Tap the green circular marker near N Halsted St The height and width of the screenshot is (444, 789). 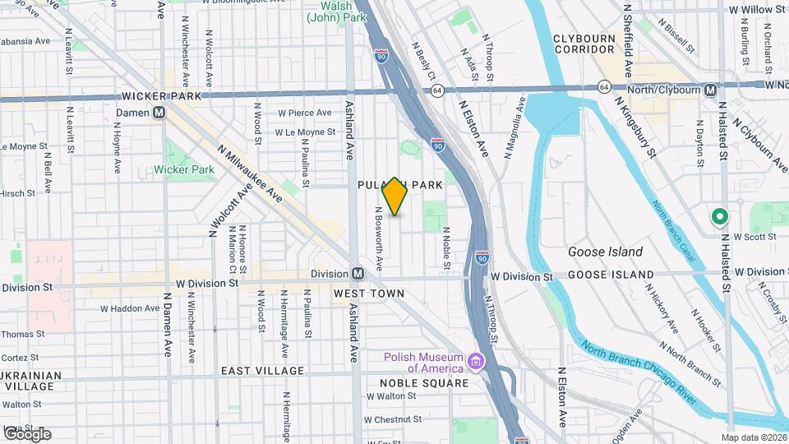tap(720, 217)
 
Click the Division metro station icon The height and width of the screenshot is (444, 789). tap(358, 274)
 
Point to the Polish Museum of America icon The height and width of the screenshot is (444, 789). tap(475, 362)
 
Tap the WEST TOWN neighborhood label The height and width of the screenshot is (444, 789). tap(369, 294)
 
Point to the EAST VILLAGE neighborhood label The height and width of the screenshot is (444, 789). tap(262, 371)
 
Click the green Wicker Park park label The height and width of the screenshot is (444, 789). tap(184, 170)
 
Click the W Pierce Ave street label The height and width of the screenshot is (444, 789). tap(304, 113)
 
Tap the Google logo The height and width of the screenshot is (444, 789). tap(27, 433)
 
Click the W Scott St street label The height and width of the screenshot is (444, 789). tap(754, 237)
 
